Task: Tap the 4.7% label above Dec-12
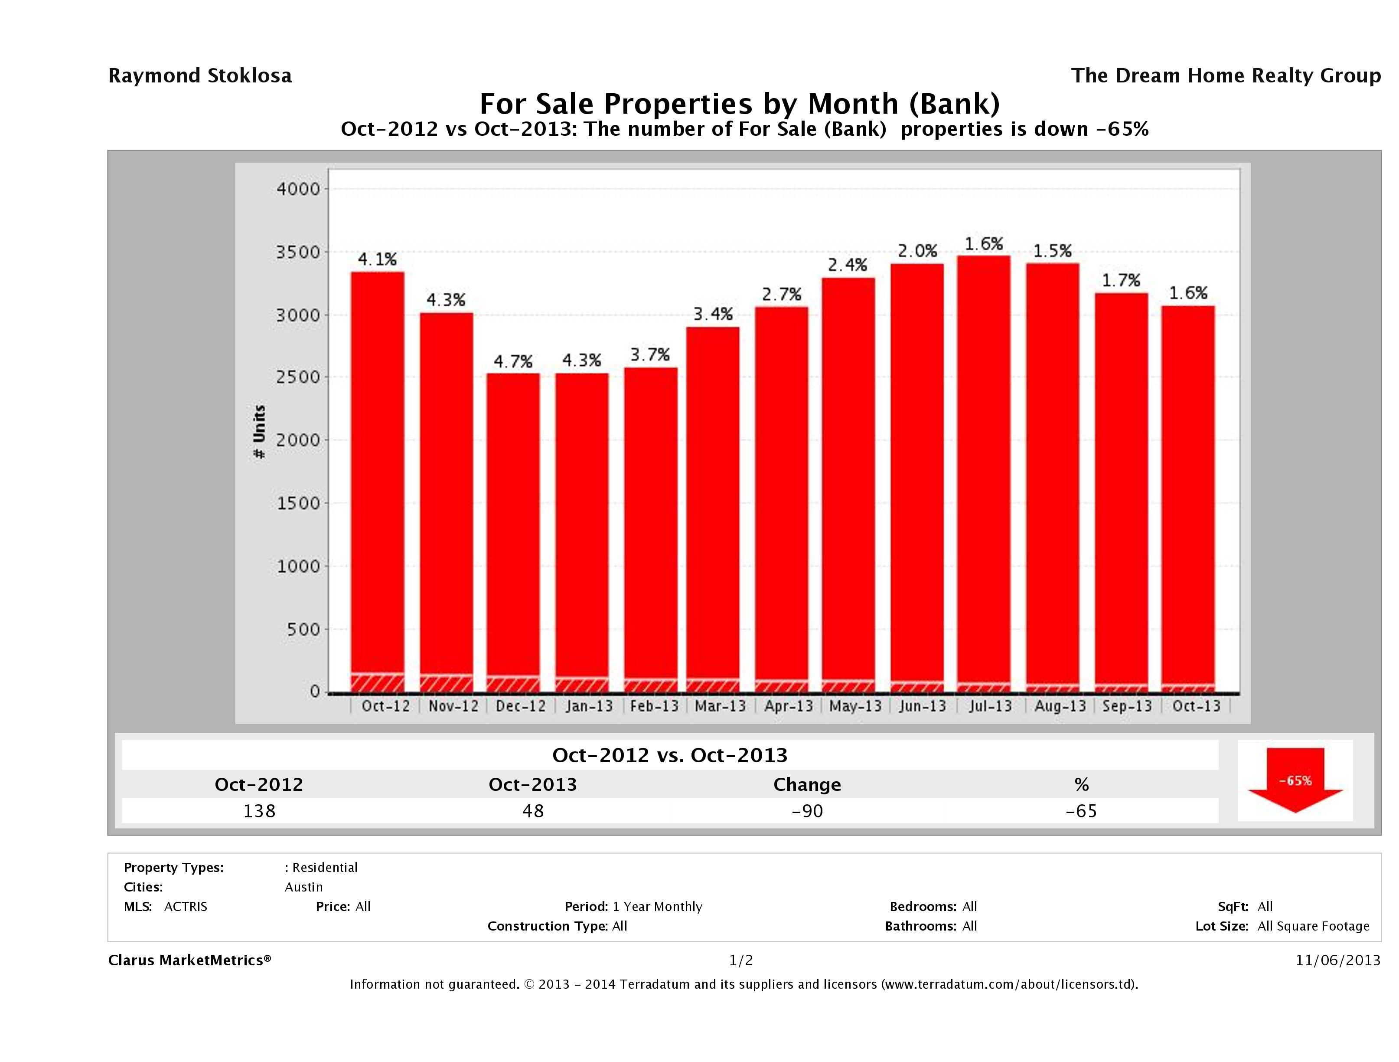pos(513,361)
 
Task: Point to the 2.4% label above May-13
pos(848,265)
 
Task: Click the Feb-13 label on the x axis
pos(654,706)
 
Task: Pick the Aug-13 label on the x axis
pos(1060,706)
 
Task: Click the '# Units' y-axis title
pos(259,432)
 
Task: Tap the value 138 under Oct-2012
pos(259,811)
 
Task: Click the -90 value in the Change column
pos(807,811)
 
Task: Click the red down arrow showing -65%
pos(1295,780)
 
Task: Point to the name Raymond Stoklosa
pos(200,76)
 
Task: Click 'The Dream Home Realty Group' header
pos(1225,76)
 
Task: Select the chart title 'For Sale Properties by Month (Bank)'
pos(739,104)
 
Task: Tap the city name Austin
pos(303,887)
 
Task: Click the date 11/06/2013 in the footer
pos(1337,960)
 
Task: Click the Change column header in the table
pos(807,784)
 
